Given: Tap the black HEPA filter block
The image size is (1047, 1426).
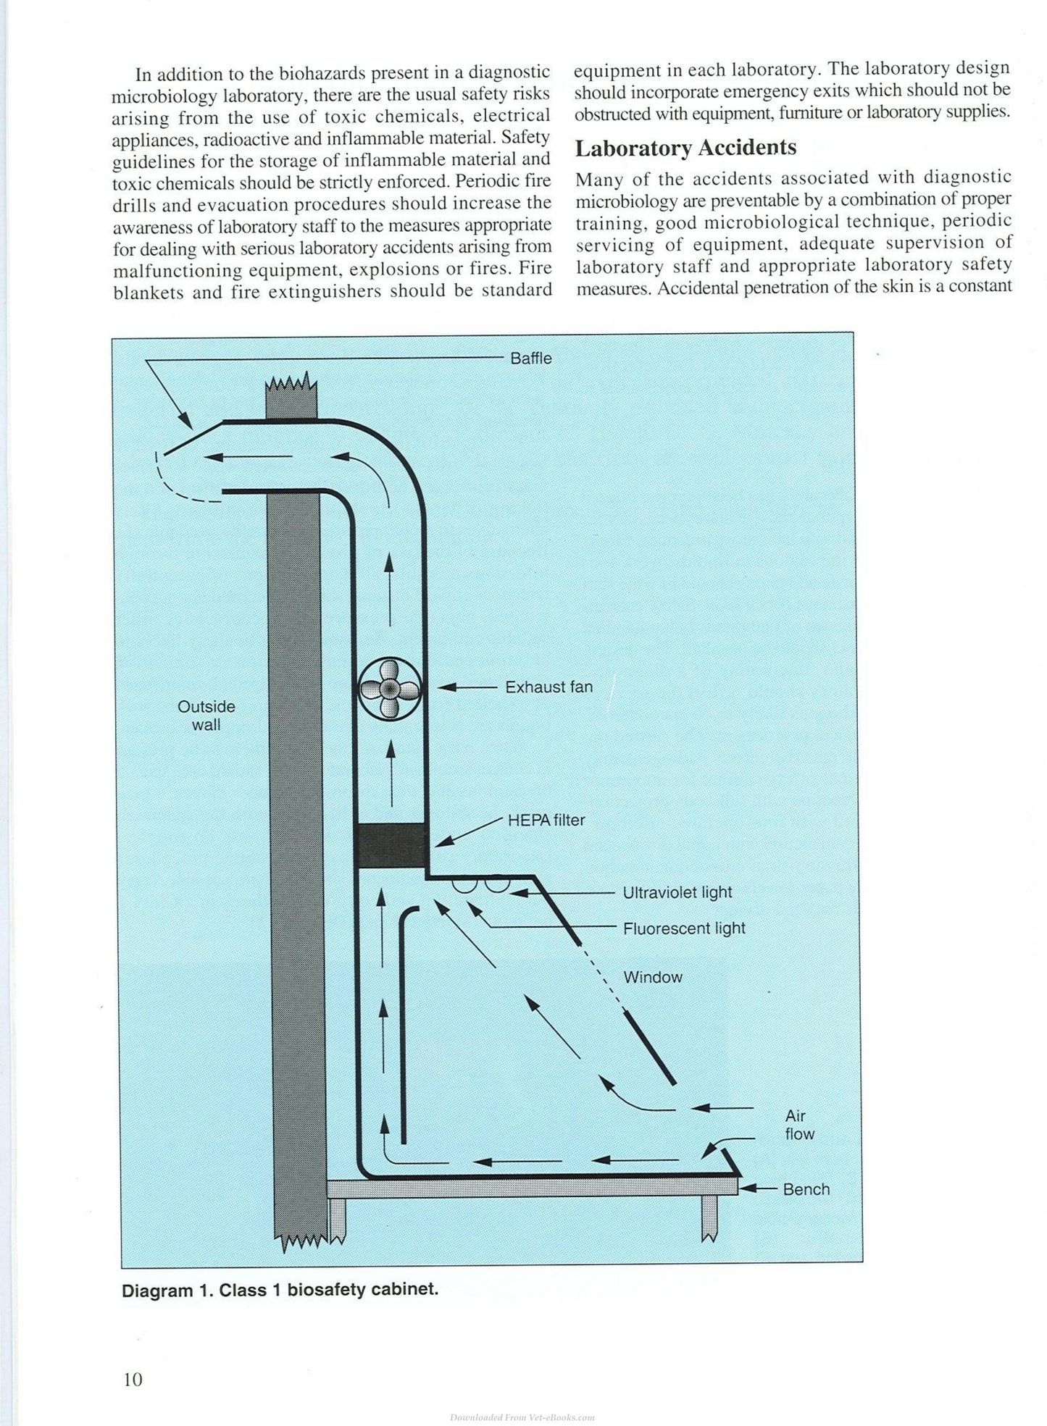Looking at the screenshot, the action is pyautogui.click(x=391, y=846).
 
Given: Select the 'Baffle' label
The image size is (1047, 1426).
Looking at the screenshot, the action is pyautogui.click(x=531, y=358).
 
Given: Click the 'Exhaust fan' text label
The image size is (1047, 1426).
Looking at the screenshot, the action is pyautogui.click(x=548, y=687).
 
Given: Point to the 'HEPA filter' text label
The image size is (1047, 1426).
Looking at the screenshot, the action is pyautogui.click(x=546, y=821).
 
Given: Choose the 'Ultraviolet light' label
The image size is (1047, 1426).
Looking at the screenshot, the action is pyautogui.click(x=677, y=892).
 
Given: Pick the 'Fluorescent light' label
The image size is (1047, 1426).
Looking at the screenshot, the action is pyautogui.click(x=684, y=928).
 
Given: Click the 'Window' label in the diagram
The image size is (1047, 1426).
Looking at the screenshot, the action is pyautogui.click(x=653, y=977).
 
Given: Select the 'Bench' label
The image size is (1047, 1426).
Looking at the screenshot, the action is pyautogui.click(x=806, y=1189).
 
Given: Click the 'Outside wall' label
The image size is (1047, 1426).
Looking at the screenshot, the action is pyautogui.click(x=207, y=715).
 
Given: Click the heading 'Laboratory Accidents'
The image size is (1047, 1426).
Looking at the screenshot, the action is pyautogui.click(x=685, y=148).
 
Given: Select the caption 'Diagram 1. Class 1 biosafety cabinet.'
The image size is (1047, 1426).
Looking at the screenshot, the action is pyautogui.click(x=280, y=1291).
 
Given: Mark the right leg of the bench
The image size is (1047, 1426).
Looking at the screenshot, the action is pyautogui.click(x=709, y=1217).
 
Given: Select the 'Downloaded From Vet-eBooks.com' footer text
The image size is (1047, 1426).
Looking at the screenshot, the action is pyautogui.click(x=522, y=1416).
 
